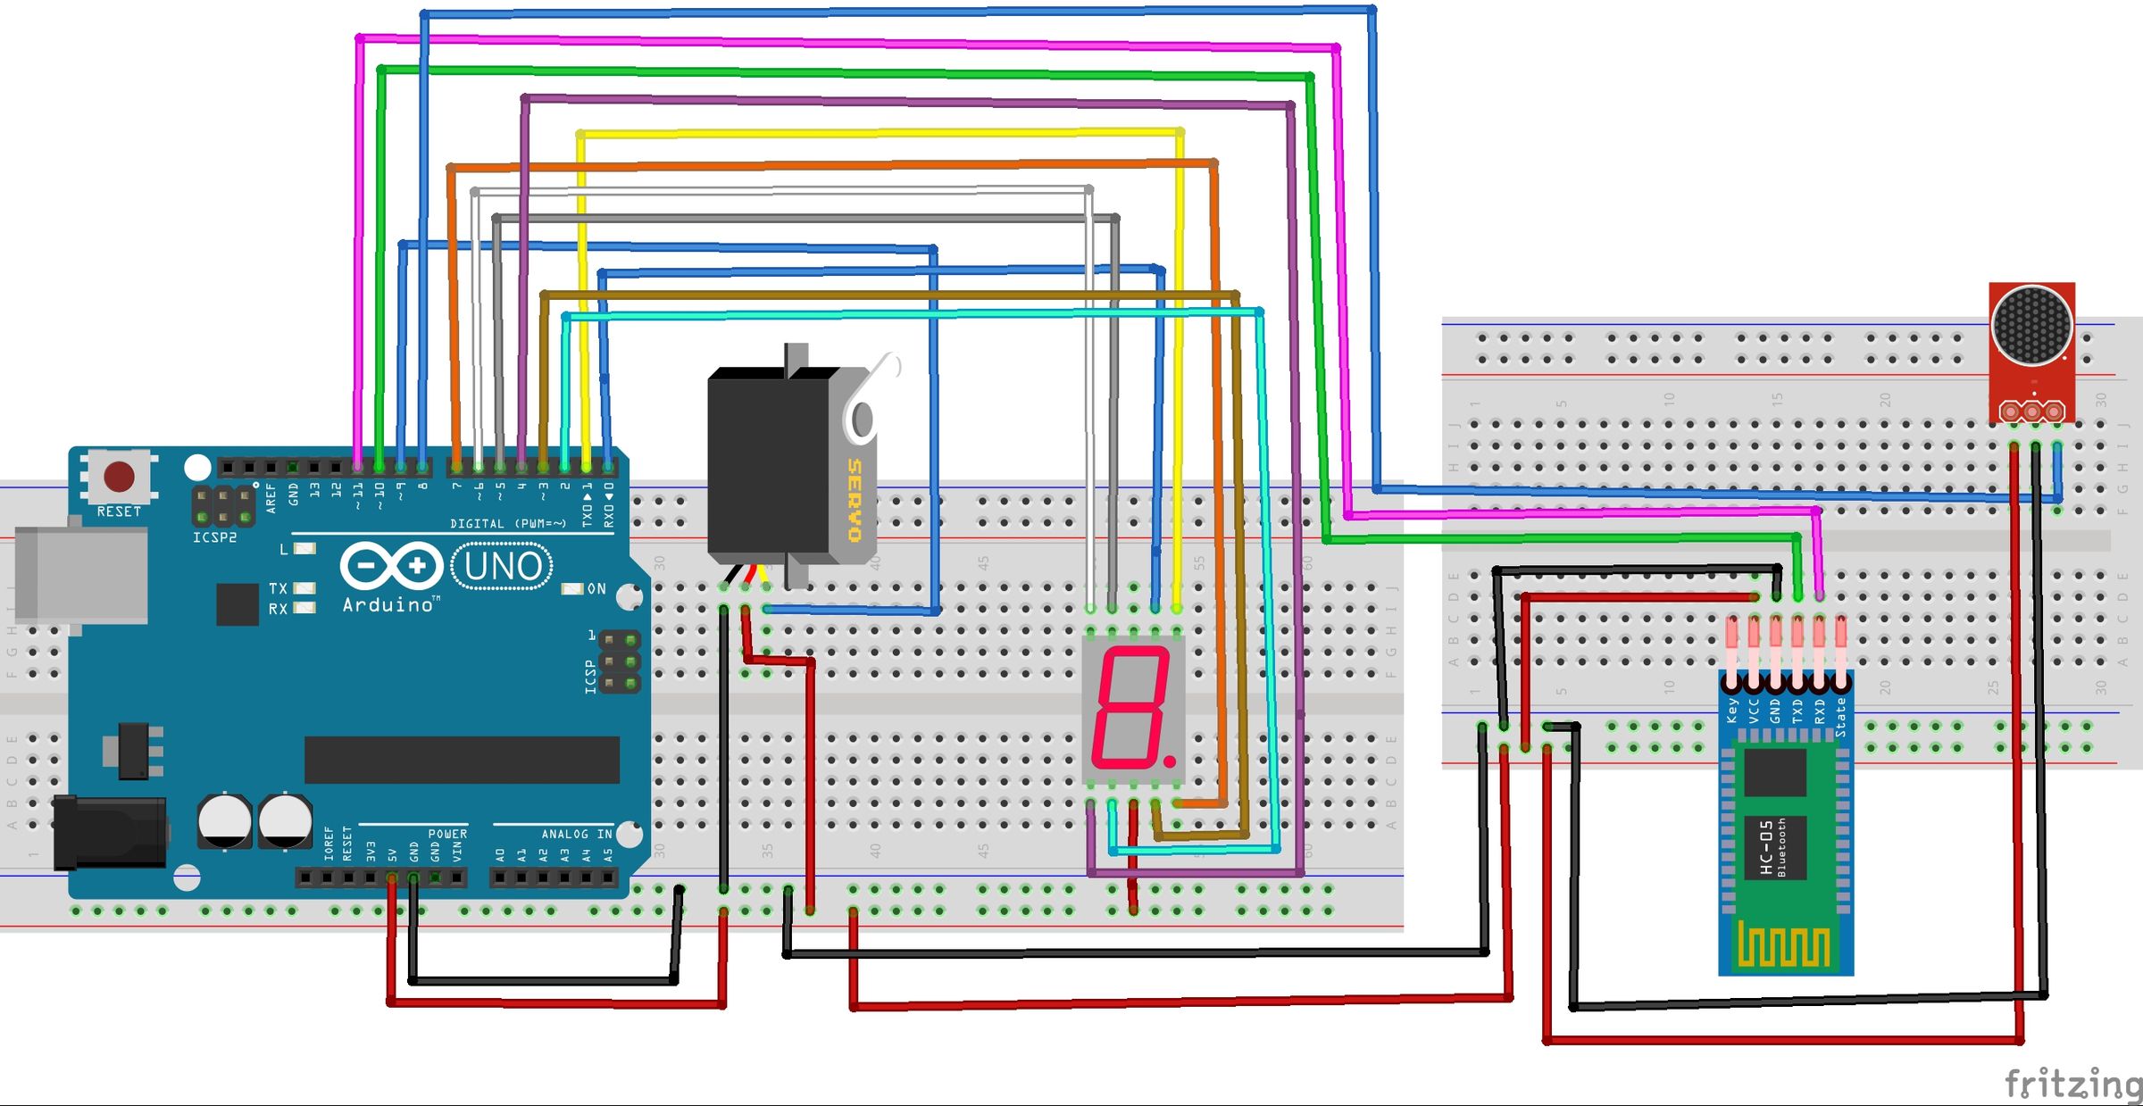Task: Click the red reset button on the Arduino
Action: tap(119, 476)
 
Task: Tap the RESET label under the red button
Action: tap(119, 511)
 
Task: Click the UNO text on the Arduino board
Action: tap(503, 566)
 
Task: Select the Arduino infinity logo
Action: tap(391, 566)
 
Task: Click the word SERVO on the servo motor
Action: tap(854, 500)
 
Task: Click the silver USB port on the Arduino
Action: tap(80, 574)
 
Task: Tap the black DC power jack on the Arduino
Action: tap(109, 832)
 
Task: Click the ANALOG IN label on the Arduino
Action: tap(577, 834)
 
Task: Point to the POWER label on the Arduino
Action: tap(447, 834)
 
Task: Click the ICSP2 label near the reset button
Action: tap(214, 537)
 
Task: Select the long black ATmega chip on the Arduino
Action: tap(462, 760)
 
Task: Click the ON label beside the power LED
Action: tap(596, 589)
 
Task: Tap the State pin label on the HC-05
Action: tap(1840, 717)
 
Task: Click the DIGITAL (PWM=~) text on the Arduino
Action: tap(507, 524)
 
